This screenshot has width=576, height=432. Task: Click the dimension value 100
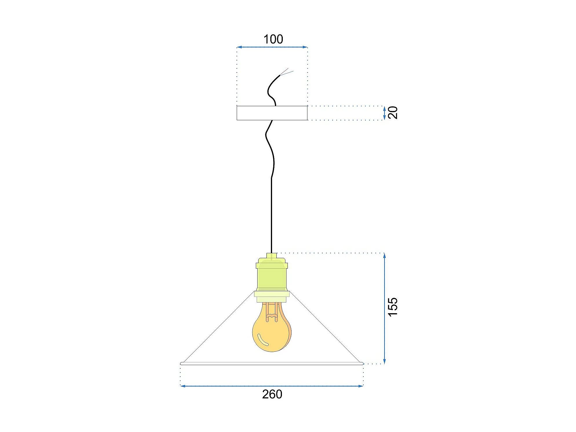tap(273, 39)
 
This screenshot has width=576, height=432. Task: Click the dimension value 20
tap(393, 113)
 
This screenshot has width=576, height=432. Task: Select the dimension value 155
tap(393, 307)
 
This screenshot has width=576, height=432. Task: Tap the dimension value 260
tap(272, 394)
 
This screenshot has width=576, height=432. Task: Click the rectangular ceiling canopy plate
tap(272, 113)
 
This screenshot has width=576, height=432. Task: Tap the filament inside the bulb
tap(272, 312)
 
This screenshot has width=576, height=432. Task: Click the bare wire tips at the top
tap(287, 72)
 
